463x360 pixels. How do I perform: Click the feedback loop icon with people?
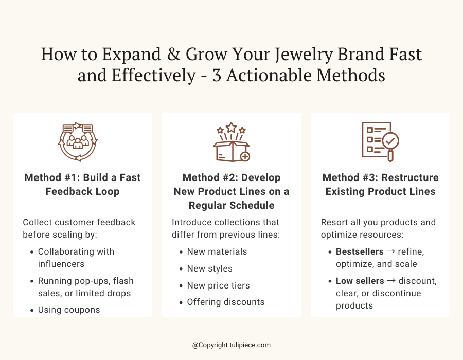(x=78, y=141)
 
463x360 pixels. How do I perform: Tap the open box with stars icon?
(x=231, y=142)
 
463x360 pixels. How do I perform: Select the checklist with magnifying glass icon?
(x=380, y=141)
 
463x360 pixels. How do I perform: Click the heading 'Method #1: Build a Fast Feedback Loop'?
(x=82, y=185)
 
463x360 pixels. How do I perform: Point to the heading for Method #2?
(x=232, y=191)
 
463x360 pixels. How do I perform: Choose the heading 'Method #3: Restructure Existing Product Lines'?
(x=380, y=185)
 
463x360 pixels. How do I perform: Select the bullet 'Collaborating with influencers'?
(x=76, y=258)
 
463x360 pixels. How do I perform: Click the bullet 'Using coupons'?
(x=69, y=310)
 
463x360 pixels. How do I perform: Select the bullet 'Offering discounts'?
(x=225, y=302)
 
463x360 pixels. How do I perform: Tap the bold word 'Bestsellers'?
(x=360, y=251)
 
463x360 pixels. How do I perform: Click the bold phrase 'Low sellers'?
(x=360, y=281)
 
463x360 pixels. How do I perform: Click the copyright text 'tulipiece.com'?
(x=250, y=345)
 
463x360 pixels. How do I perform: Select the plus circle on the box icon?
(x=245, y=156)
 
